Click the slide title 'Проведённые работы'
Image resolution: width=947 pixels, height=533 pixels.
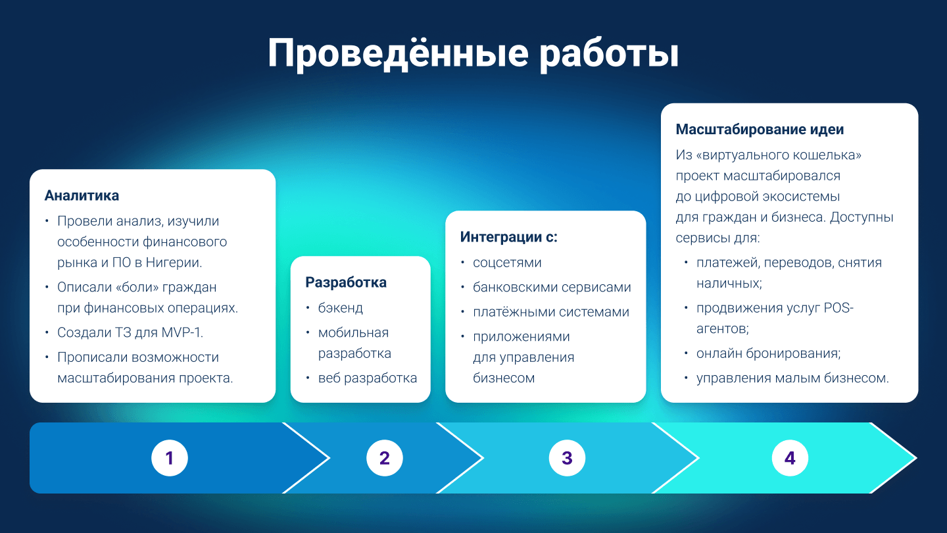473,54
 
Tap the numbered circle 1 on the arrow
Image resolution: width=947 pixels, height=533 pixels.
170,458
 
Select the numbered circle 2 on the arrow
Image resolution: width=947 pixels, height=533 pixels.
385,458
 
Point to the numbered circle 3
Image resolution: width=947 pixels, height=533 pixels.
567,458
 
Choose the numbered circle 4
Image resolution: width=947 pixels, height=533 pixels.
790,458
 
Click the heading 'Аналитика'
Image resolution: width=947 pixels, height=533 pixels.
82,195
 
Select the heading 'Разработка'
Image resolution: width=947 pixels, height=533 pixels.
346,282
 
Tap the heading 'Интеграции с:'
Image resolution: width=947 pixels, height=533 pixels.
508,237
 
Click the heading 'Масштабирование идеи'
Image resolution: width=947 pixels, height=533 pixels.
760,129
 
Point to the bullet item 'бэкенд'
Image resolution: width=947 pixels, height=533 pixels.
340,308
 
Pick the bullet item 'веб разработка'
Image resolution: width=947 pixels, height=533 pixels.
368,378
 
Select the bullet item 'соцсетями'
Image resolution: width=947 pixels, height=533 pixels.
507,263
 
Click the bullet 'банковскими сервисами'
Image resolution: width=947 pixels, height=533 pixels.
552,288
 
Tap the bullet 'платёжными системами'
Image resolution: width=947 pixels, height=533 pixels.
551,312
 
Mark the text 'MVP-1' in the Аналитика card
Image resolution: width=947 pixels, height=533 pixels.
182,332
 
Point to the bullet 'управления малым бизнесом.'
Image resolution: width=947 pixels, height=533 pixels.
792,378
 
